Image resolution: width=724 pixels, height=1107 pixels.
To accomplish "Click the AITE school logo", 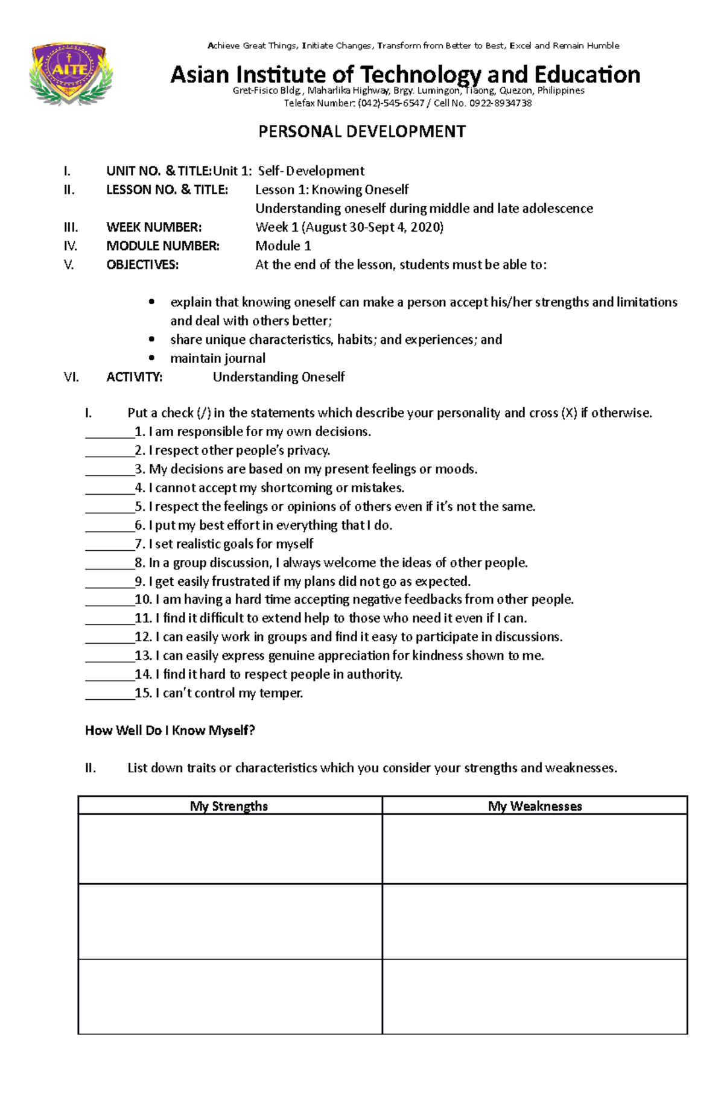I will (x=71, y=73).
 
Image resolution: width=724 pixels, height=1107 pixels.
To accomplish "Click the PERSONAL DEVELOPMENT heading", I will (x=362, y=132).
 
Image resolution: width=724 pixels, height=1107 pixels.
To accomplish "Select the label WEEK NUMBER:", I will (x=154, y=227).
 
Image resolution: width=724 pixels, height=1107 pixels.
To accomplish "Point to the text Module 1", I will (x=283, y=246).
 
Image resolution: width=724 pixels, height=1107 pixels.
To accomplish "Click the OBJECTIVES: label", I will (x=142, y=265).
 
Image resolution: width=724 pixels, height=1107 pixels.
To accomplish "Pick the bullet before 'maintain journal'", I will (x=151, y=358).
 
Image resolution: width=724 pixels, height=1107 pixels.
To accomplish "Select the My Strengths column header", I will (x=229, y=806).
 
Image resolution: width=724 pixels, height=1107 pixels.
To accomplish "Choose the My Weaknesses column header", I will (x=535, y=806).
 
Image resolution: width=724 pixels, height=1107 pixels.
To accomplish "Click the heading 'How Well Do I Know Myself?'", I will (x=170, y=731).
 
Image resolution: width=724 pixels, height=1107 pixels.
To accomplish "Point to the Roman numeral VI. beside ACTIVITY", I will (x=71, y=377).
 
